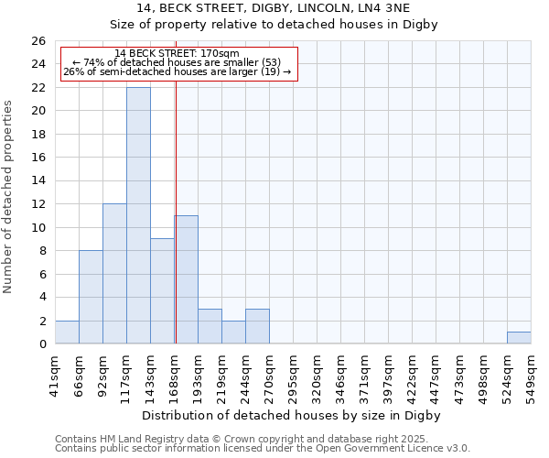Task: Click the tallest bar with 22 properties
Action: click(138, 215)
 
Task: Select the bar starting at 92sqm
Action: click(114, 274)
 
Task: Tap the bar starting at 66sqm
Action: click(91, 297)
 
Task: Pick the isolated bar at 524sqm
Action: click(519, 338)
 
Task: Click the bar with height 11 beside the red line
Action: click(187, 279)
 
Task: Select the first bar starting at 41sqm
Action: click(67, 333)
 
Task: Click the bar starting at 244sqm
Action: click(257, 326)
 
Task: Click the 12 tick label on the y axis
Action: click(38, 204)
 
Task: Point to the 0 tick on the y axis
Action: click(42, 344)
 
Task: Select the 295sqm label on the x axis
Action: click(293, 373)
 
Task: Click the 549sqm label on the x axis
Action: click(531, 373)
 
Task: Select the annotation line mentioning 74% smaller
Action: click(178, 62)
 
